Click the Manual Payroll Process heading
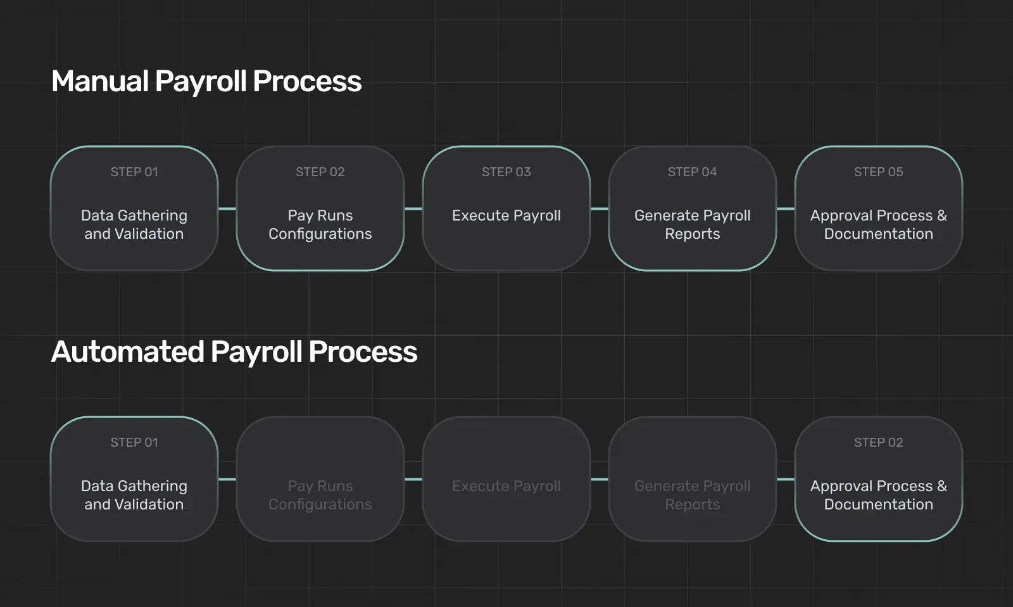tap(206, 82)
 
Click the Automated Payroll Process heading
tap(234, 352)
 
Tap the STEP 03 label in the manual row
tap(506, 172)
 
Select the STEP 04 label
tap(693, 172)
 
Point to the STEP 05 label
tap(878, 172)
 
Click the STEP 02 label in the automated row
tap(878, 442)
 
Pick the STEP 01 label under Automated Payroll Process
tap(134, 442)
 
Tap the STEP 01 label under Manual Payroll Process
tap(134, 172)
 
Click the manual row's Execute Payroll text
tap(506, 215)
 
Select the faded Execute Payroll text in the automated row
tap(506, 486)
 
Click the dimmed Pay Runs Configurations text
tap(320, 495)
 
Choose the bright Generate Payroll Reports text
tap(693, 224)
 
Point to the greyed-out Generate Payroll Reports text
tap(693, 495)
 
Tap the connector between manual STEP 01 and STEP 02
tap(227, 208)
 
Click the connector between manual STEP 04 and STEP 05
tap(786, 208)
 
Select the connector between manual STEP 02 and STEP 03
tap(413, 208)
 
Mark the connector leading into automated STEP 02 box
tap(786, 479)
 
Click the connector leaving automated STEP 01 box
tap(227, 479)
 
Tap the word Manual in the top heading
tap(100, 81)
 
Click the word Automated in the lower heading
tap(127, 352)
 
